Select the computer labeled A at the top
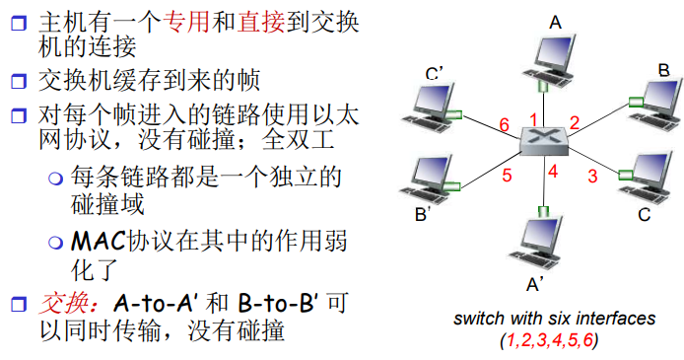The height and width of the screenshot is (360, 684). pyautogui.click(x=552, y=60)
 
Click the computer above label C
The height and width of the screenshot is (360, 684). pyautogui.click(x=645, y=176)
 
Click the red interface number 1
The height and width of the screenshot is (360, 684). pyautogui.click(x=533, y=119)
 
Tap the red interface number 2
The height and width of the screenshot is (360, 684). pyautogui.click(x=576, y=122)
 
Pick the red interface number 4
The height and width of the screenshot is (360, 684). pyautogui.click(x=553, y=171)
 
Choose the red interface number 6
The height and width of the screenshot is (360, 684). pyautogui.click(x=504, y=125)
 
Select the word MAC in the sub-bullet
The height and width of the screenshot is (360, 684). pyautogui.click(x=97, y=241)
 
